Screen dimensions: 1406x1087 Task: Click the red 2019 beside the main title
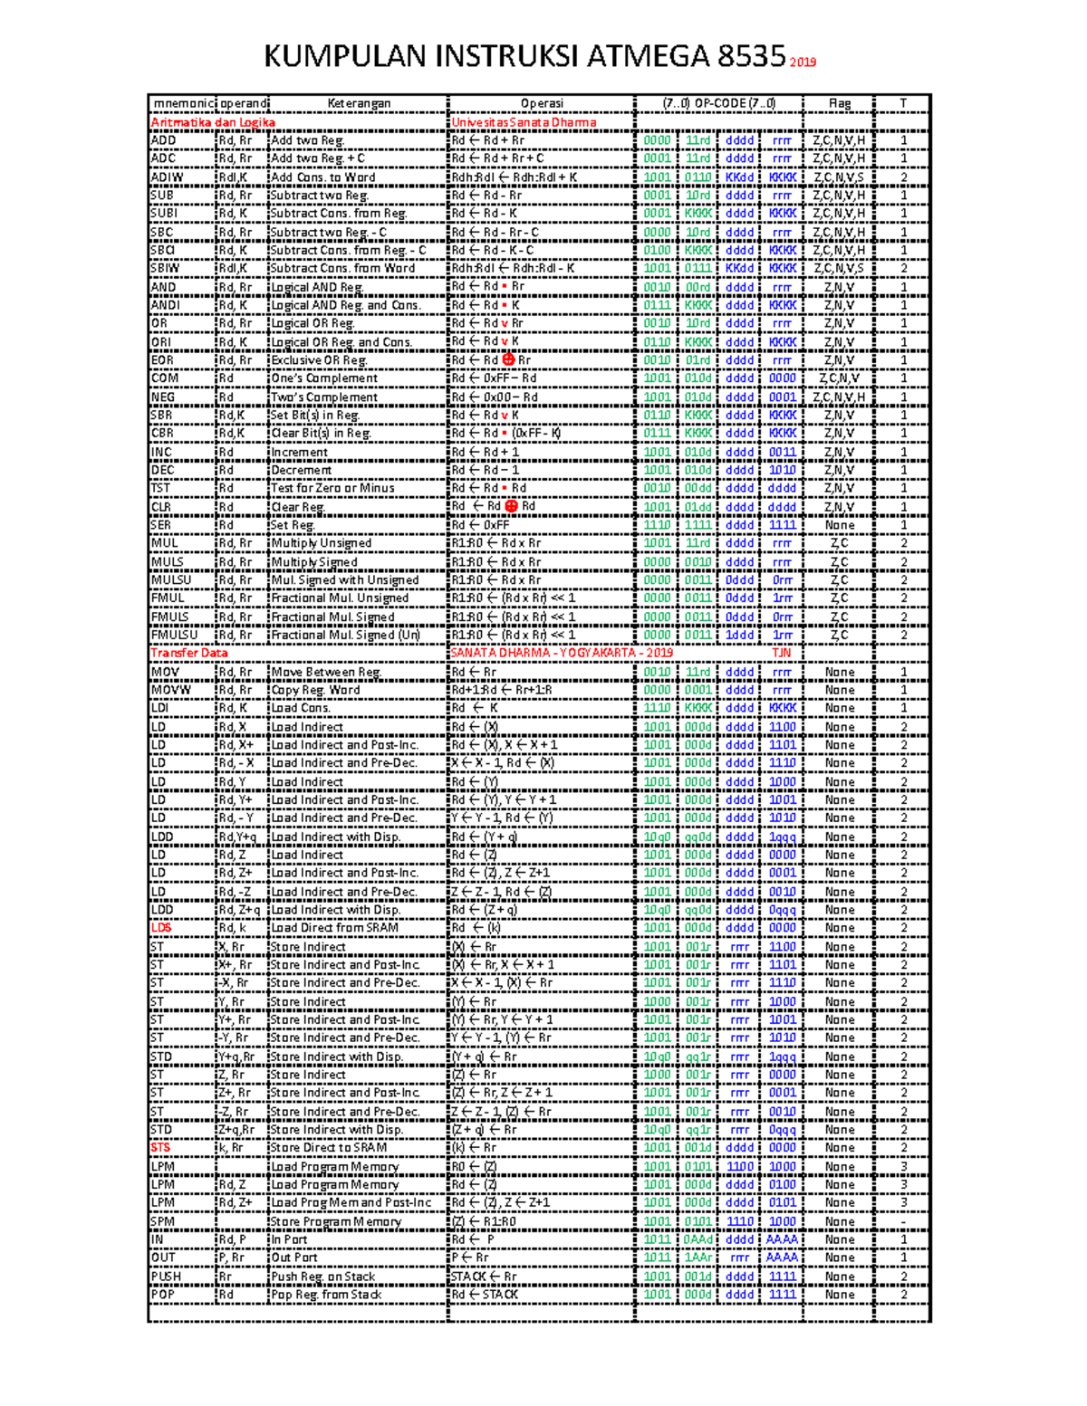[803, 62]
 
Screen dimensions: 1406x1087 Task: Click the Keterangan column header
[359, 103]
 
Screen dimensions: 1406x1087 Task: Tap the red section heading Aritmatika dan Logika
[213, 122]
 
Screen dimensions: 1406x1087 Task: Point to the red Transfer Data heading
[189, 653]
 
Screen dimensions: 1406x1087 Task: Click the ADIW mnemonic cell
[168, 177]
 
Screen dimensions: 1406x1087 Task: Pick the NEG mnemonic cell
[164, 397]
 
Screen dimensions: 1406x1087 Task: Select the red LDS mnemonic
[161, 927]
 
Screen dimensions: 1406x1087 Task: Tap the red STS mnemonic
[160, 1147]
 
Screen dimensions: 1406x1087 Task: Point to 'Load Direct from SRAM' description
[334, 927]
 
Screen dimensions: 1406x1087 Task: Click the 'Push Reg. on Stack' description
[322, 1277]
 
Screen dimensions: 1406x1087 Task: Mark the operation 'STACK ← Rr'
[484, 1277]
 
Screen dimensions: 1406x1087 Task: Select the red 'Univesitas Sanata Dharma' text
[524, 122]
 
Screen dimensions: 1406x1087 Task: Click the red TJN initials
[782, 653]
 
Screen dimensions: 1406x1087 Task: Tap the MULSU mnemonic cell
[171, 579]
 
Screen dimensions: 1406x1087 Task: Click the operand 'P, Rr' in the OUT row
[231, 1258]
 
